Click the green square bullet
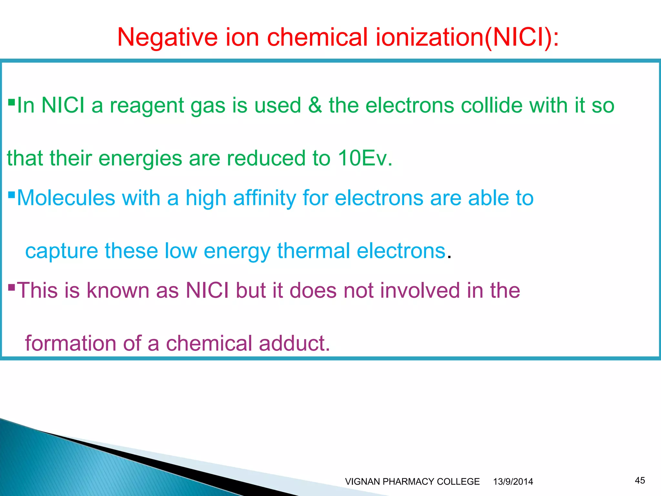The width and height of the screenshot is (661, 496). [x=11, y=102]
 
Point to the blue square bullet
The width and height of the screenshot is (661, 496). [x=11, y=195]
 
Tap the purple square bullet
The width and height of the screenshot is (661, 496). [x=11, y=287]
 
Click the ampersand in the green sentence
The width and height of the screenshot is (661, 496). [x=315, y=105]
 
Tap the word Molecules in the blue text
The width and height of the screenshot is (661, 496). [x=66, y=198]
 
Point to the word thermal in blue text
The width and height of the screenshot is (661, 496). [x=313, y=251]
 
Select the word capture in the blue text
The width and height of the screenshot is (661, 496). [x=61, y=251]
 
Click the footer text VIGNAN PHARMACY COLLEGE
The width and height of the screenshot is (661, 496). [x=412, y=481]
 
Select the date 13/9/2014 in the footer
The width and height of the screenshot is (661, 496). [x=513, y=481]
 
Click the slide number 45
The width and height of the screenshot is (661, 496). [x=640, y=480]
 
